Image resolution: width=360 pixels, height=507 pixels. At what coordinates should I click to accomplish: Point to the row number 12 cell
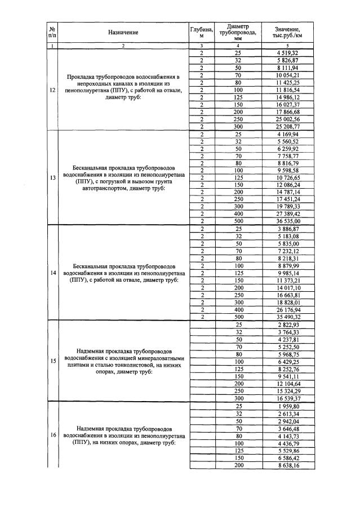(52, 90)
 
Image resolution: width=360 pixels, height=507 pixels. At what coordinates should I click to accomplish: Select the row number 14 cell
(52, 273)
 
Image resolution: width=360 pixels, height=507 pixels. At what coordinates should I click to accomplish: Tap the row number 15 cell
(52, 361)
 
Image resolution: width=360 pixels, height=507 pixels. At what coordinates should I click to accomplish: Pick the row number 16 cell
(52, 435)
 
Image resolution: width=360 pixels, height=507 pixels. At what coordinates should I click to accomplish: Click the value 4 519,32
(287, 53)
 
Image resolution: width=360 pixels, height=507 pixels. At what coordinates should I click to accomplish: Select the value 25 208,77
(287, 127)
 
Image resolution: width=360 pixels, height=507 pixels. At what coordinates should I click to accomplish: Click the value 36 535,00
(287, 221)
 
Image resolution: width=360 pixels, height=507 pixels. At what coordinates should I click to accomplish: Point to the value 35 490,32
(287, 317)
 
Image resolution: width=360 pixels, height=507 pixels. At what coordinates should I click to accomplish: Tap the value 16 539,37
(287, 397)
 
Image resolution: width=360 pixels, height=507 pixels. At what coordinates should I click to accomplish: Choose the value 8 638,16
(287, 465)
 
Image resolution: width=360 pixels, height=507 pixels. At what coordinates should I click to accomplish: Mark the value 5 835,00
(287, 243)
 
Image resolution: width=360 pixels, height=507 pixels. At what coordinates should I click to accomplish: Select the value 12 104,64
(287, 383)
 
